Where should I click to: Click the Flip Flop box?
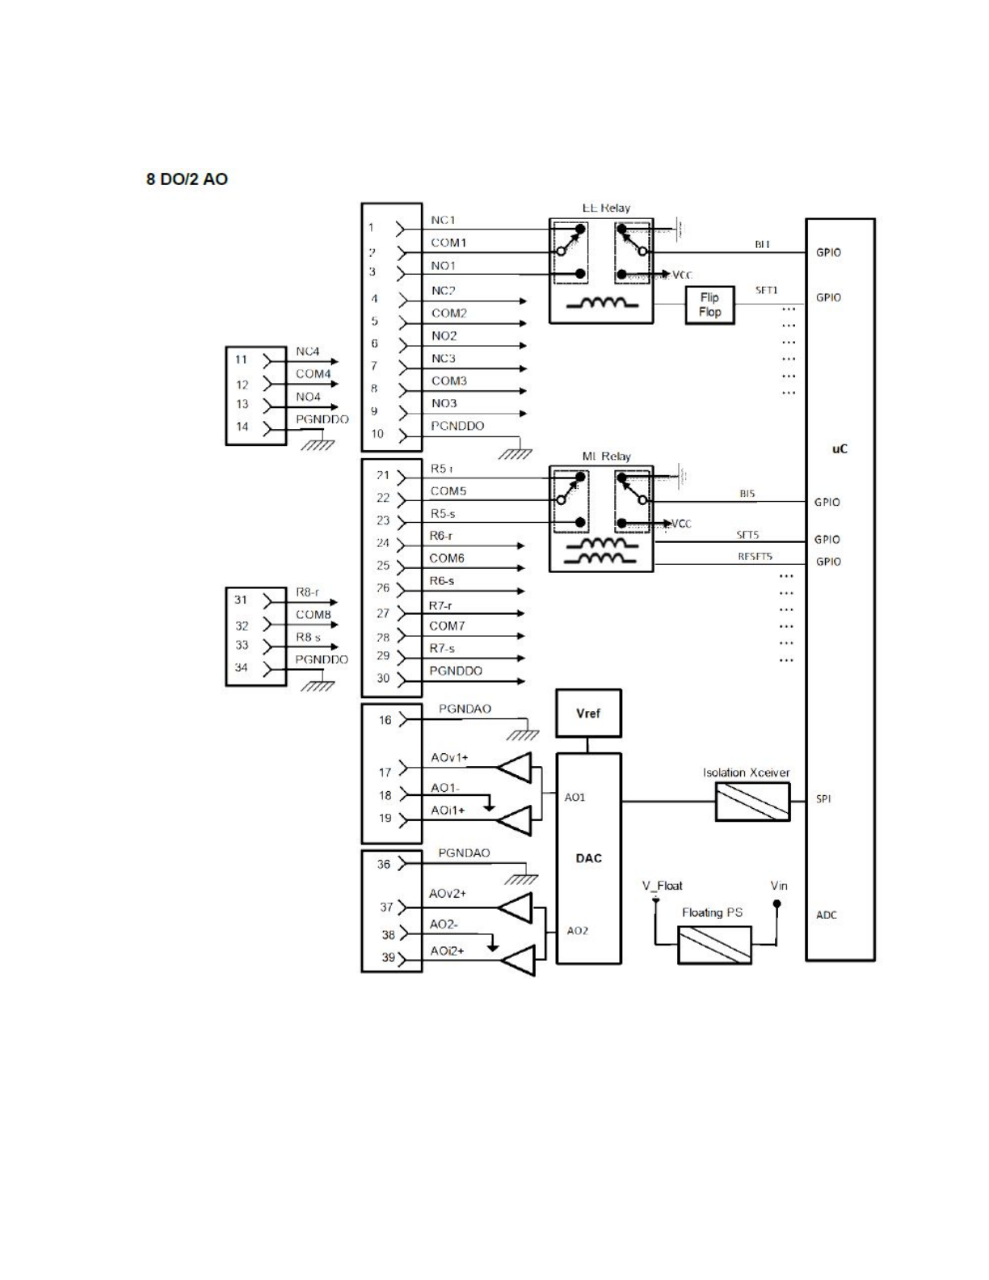click(x=709, y=305)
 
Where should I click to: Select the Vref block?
click(x=588, y=714)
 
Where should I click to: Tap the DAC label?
click(x=588, y=858)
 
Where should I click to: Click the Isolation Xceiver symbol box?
click(x=752, y=802)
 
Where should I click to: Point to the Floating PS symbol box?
click(x=714, y=945)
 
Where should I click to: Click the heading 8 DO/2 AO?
click(x=187, y=179)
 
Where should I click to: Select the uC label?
click(x=840, y=448)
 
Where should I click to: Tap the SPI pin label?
click(x=823, y=799)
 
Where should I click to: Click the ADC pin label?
click(x=826, y=915)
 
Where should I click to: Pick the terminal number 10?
click(x=377, y=434)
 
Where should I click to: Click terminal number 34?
click(x=241, y=667)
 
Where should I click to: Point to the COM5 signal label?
click(x=448, y=491)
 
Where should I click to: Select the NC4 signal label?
click(x=307, y=352)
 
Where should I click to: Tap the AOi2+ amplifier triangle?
click(x=518, y=960)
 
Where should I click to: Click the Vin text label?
click(x=779, y=886)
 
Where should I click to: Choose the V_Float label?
click(x=663, y=886)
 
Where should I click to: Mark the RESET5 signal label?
click(x=755, y=557)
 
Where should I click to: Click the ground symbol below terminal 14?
click(x=318, y=444)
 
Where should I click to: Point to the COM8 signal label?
click(x=313, y=614)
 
